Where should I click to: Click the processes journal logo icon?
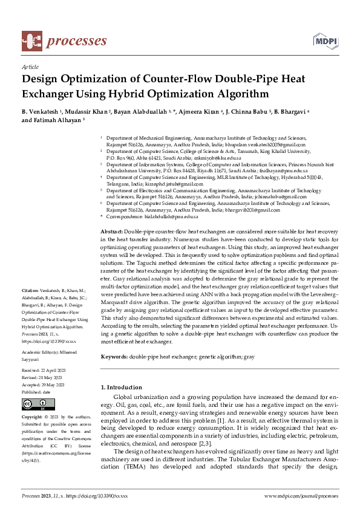tap(31, 41)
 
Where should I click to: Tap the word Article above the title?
tap(30, 68)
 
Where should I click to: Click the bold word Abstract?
tap(111, 232)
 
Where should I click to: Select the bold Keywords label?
tap(114, 357)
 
